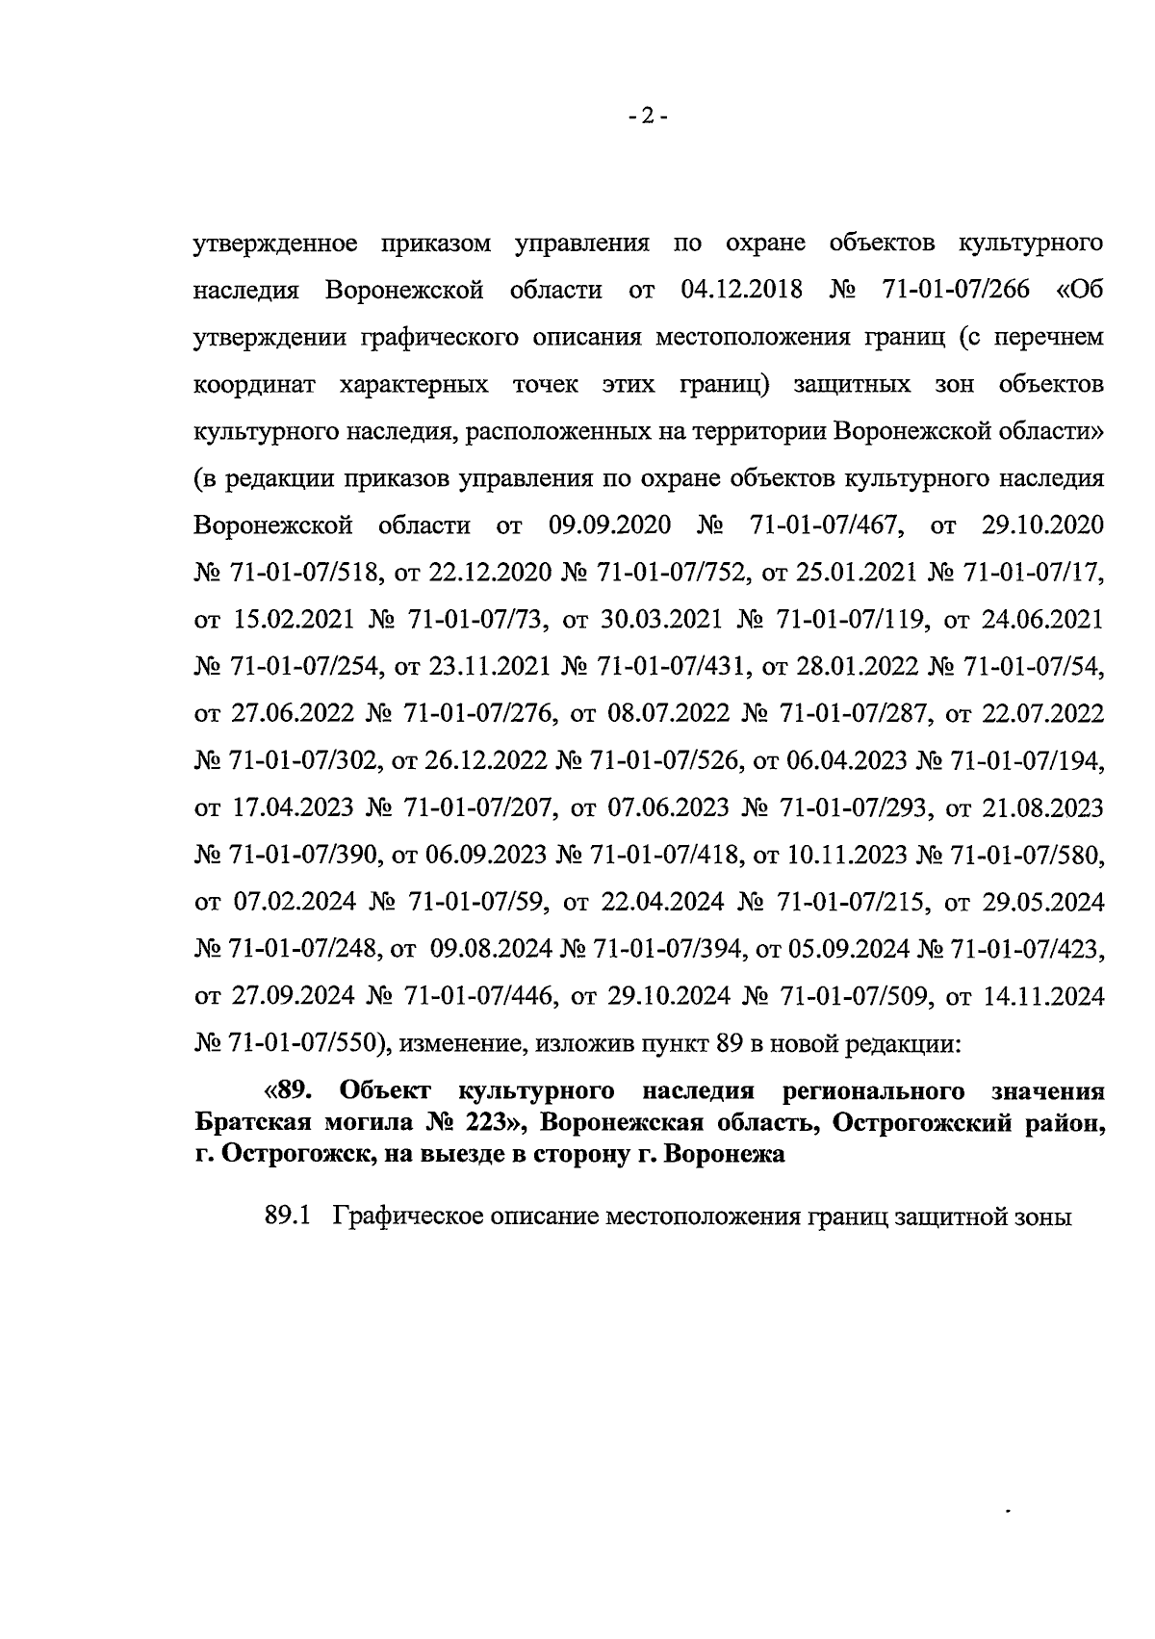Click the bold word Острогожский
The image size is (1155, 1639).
922,1122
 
